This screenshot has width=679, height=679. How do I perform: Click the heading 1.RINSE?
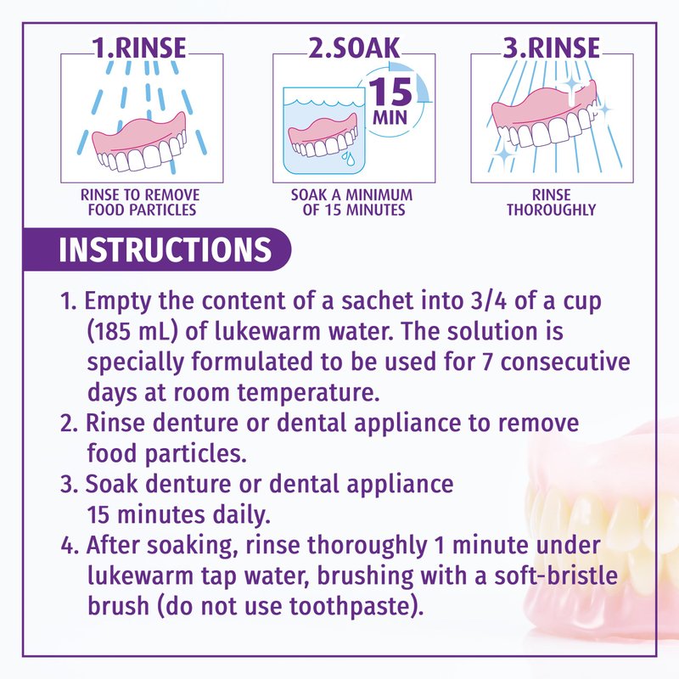pos(139,48)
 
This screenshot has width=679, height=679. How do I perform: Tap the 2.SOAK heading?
pos(354,48)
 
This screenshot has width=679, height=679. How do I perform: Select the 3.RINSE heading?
pos(551,48)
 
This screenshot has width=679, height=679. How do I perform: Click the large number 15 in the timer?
pos(390,92)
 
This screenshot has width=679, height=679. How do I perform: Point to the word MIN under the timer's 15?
pos(390,117)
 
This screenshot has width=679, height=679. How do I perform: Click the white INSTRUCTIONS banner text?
pos(165,250)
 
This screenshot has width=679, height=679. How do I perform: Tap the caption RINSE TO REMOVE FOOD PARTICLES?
pos(140,202)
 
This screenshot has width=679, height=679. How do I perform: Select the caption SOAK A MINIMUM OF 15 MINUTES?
pos(352,202)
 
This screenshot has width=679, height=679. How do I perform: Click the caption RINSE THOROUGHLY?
pos(551,202)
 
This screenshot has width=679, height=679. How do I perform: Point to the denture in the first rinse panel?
pos(138,142)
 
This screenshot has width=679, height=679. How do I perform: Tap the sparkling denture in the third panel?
pos(544,117)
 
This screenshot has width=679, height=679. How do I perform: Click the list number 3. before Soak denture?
pos(70,484)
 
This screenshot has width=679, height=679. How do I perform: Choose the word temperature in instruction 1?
pos(308,393)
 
